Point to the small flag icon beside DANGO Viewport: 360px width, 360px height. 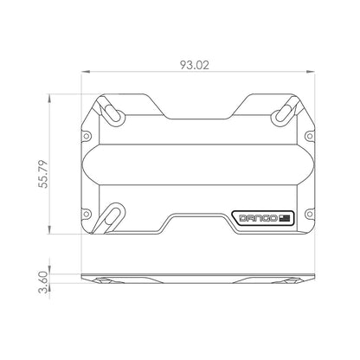(x=288, y=216)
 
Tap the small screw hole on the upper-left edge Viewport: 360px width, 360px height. (x=86, y=135)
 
